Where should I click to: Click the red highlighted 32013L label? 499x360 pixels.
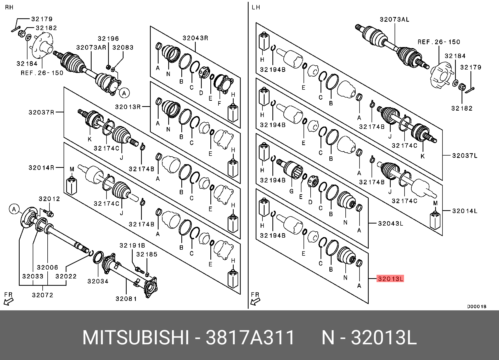pos(390,279)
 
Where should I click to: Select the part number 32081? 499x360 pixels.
pos(126,299)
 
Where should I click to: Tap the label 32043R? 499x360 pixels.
pos(195,38)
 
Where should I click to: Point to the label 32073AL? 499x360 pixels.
pos(394,19)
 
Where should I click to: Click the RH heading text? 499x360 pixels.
pos(9,7)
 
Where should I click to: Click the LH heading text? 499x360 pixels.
pos(256,7)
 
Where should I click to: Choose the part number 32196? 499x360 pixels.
pos(108,39)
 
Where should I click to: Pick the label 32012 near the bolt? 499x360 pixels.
pos(49,199)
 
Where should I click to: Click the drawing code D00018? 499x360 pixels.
pos(476,306)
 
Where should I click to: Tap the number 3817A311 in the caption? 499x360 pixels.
pos(250,338)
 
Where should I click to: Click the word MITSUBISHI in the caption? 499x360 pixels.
pos(136,338)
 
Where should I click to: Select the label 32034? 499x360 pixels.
pos(98,281)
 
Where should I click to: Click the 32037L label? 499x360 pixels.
pos(465,156)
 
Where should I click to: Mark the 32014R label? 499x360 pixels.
pos(41,168)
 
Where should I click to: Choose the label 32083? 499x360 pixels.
pos(123,48)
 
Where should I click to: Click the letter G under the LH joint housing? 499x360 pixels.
pos(291,191)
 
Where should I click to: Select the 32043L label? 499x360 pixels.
pos(390,223)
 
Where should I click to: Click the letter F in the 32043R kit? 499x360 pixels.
pos(219,103)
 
